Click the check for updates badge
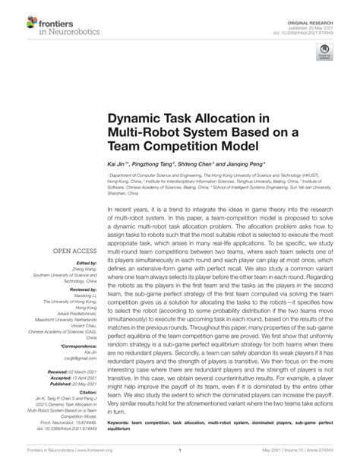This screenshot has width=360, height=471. tap(324, 51)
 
